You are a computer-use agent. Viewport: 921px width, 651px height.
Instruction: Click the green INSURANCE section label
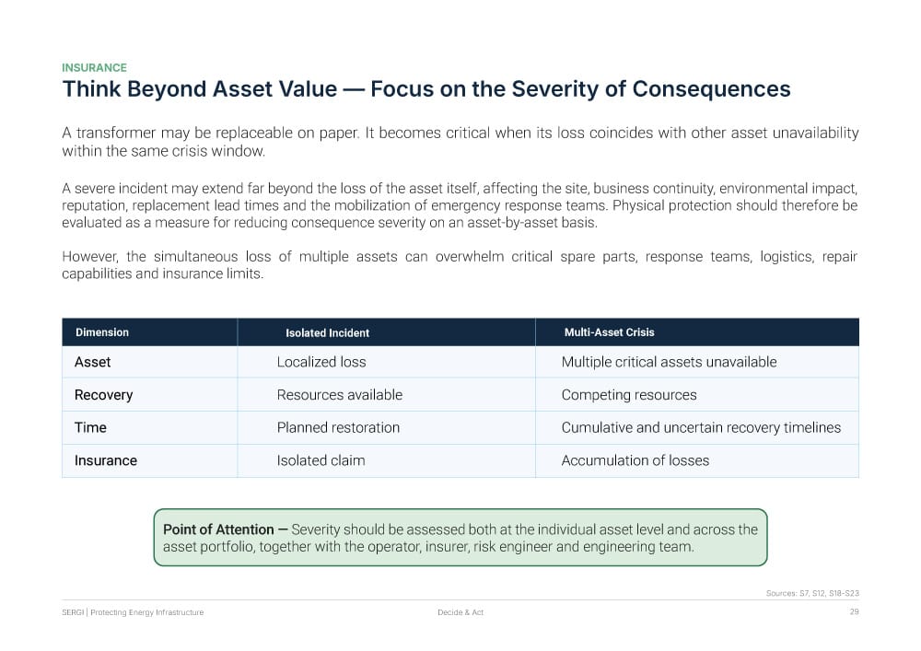pyautogui.click(x=94, y=67)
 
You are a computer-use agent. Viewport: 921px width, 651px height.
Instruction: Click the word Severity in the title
pyautogui.click(x=554, y=90)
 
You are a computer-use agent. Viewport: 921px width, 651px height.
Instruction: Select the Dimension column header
pyautogui.click(x=102, y=332)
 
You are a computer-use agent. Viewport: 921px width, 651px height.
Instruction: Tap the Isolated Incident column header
pyautogui.click(x=327, y=332)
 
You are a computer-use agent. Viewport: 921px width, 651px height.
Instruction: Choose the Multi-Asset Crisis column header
pyautogui.click(x=609, y=332)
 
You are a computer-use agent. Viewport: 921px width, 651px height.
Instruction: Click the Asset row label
pyautogui.click(x=92, y=362)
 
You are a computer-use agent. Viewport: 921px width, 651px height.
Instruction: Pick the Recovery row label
pyautogui.click(x=103, y=395)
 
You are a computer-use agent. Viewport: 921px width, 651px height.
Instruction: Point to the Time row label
pyautogui.click(x=90, y=427)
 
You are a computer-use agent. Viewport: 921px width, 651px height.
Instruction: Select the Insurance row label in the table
pyautogui.click(x=106, y=460)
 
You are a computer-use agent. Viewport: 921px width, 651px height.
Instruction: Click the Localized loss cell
pyautogui.click(x=321, y=362)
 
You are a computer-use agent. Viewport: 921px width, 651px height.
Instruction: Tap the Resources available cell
pyautogui.click(x=340, y=395)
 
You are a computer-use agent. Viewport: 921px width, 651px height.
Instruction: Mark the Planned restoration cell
pyautogui.click(x=338, y=427)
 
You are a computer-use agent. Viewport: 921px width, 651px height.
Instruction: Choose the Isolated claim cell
pyautogui.click(x=321, y=460)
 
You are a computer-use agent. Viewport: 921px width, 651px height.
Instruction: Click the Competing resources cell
pyautogui.click(x=629, y=395)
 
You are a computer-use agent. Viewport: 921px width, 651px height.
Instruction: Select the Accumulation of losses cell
pyautogui.click(x=635, y=460)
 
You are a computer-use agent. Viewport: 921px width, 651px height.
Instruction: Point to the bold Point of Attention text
pyautogui.click(x=218, y=529)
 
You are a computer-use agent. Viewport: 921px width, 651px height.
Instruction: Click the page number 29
pyautogui.click(x=854, y=611)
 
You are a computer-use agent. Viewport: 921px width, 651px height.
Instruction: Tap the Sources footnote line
pyautogui.click(x=812, y=594)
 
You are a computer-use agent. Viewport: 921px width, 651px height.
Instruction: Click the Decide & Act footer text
pyautogui.click(x=460, y=612)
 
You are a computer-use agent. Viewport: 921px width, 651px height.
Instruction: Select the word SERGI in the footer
pyautogui.click(x=73, y=612)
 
